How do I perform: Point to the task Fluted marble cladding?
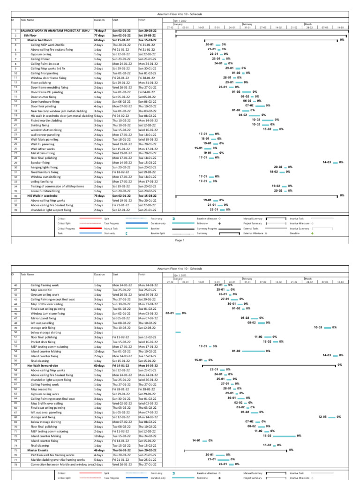[x=46, y=120]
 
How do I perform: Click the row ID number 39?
[x=15, y=210]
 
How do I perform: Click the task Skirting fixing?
[x=40, y=125]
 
